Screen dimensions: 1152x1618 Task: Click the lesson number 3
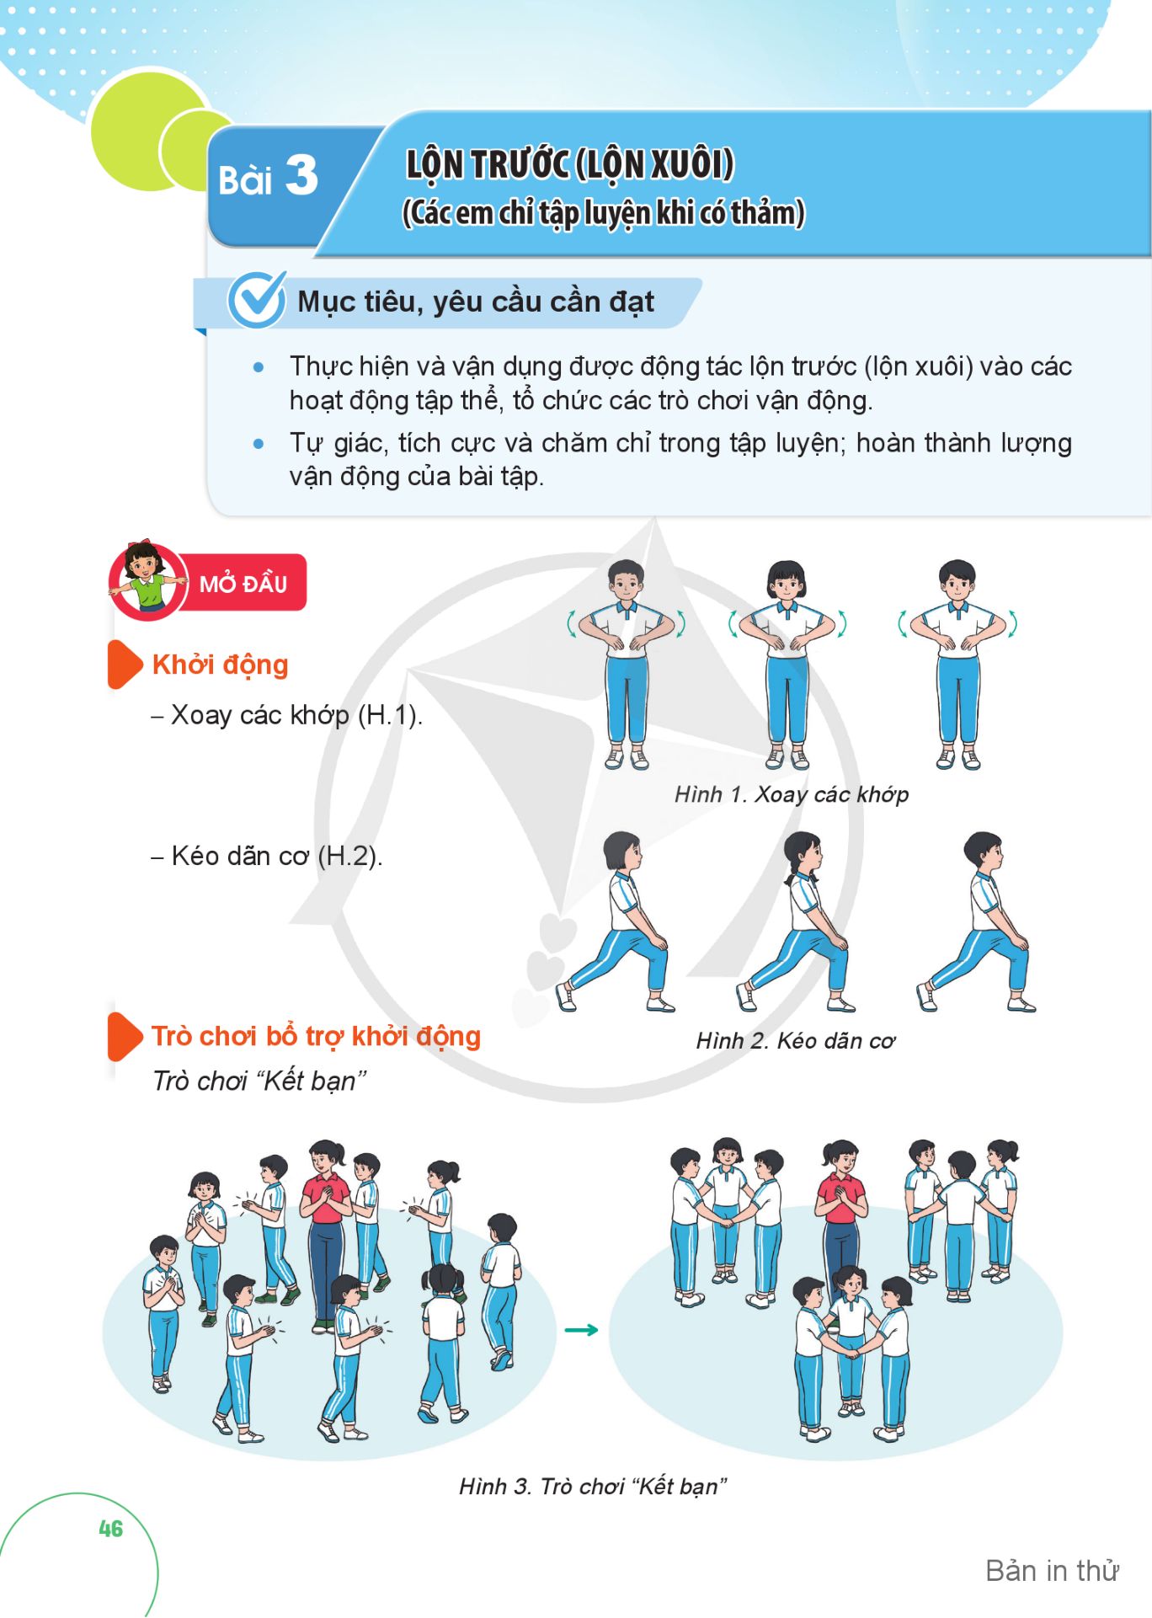[301, 176]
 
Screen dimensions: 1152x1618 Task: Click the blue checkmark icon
[257, 299]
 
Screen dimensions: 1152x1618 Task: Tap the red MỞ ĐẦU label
[243, 583]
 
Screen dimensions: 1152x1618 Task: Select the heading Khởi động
[220, 665]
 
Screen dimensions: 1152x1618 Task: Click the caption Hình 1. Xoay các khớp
[792, 794]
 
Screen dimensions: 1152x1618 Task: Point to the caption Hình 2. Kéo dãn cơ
[796, 1041]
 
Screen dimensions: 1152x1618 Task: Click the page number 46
[110, 1529]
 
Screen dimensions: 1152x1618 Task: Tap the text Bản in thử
[1052, 1571]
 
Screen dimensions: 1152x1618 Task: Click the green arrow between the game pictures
[581, 1330]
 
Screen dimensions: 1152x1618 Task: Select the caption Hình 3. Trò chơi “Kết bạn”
[593, 1486]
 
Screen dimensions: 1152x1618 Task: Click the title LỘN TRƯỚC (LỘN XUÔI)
[570, 164]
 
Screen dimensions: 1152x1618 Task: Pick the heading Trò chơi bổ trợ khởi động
[316, 1036]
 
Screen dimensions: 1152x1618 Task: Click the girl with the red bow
[146, 578]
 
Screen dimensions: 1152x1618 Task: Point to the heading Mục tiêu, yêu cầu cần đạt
[476, 302]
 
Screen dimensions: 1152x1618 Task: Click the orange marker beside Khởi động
[125, 664]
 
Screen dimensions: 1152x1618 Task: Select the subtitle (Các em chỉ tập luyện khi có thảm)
[604, 213]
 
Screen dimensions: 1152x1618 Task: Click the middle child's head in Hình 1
[786, 580]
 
